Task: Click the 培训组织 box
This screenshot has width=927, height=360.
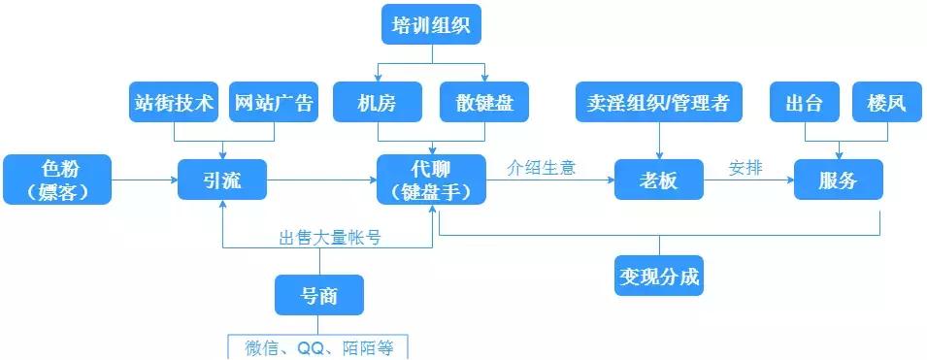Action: coord(431,24)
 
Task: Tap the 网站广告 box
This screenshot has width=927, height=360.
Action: coord(274,103)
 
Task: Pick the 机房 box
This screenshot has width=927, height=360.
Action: coord(378,103)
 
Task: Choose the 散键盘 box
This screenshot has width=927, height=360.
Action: coord(484,103)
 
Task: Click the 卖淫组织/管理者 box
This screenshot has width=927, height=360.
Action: coord(659,103)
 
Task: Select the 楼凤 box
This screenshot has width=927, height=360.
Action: coord(884,103)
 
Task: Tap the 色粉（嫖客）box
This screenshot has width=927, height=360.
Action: coord(57,179)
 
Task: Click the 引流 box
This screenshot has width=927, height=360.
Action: coord(222,180)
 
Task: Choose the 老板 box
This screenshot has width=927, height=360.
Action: coord(659,180)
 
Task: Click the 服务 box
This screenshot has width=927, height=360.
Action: coord(838,180)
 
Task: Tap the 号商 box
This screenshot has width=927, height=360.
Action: coord(319,295)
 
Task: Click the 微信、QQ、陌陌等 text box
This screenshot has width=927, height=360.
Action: coord(319,347)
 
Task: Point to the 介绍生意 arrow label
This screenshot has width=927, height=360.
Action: coord(542,167)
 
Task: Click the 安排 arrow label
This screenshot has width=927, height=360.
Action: coord(745,167)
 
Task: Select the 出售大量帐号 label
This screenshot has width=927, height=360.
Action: coord(329,237)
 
